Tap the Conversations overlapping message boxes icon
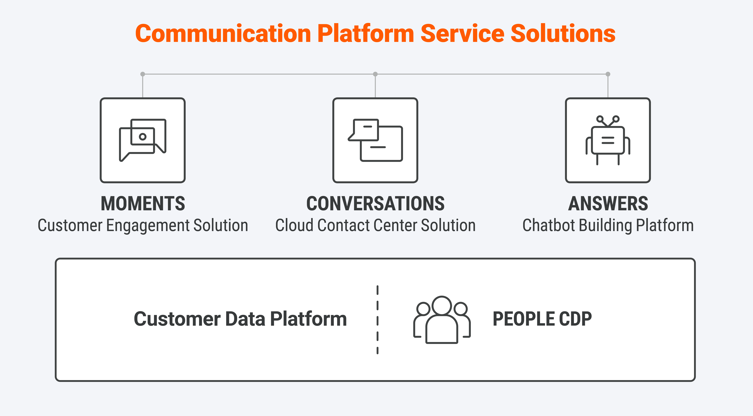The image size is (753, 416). (x=375, y=140)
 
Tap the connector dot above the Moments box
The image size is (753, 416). (x=143, y=74)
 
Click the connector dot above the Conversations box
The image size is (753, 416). (x=375, y=74)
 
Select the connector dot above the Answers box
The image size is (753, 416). (x=608, y=74)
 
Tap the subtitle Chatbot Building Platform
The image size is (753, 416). (x=608, y=226)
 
